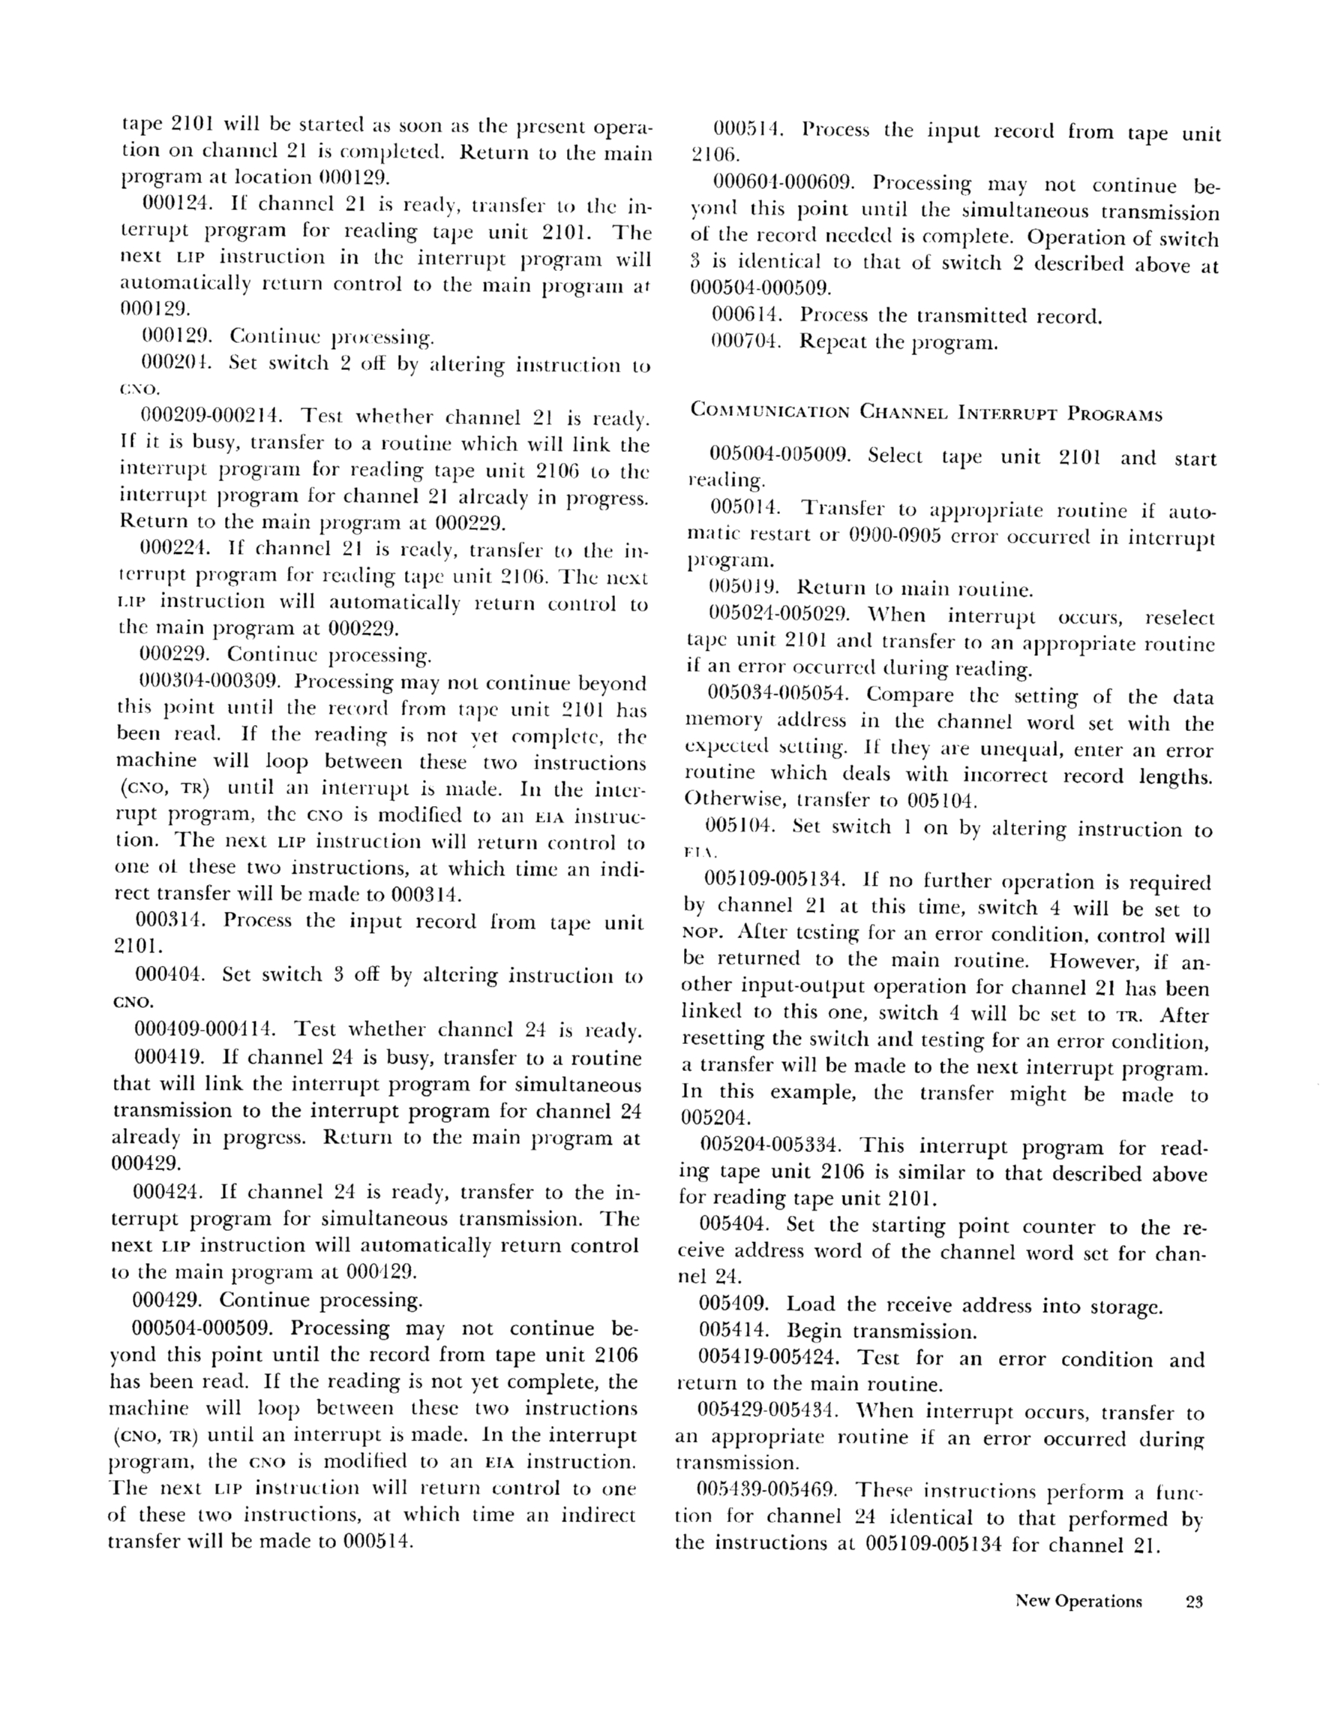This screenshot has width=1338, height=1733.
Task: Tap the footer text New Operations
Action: pos(1078,1600)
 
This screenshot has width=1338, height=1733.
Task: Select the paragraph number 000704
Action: pos(746,342)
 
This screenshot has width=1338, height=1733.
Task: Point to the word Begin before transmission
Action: pos(814,1331)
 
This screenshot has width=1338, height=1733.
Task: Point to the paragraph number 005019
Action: pos(745,588)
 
